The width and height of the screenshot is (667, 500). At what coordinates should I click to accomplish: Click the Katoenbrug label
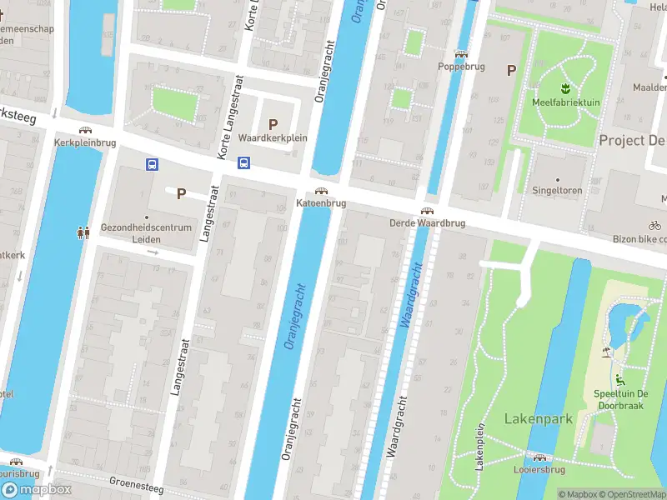(321, 203)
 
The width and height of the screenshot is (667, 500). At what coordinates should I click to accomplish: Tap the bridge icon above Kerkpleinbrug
(84, 130)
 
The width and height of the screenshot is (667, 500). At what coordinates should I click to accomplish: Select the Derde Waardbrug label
(426, 223)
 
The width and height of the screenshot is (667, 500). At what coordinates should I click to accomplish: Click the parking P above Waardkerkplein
(273, 123)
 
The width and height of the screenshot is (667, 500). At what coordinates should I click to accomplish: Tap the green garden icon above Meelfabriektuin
(565, 87)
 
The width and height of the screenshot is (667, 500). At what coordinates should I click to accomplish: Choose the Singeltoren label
(558, 191)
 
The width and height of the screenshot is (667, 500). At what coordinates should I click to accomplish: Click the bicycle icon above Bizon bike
(655, 225)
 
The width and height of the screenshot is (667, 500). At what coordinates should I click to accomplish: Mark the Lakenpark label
(539, 418)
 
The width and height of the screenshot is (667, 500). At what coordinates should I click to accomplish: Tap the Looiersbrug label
(540, 470)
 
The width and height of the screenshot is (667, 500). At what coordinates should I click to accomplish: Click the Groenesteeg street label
(136, 484)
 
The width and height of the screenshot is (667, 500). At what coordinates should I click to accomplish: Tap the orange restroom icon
(83, 233)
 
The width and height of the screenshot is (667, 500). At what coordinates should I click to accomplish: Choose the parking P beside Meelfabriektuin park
(510, 71)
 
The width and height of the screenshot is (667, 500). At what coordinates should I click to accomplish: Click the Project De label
(632, 140)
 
